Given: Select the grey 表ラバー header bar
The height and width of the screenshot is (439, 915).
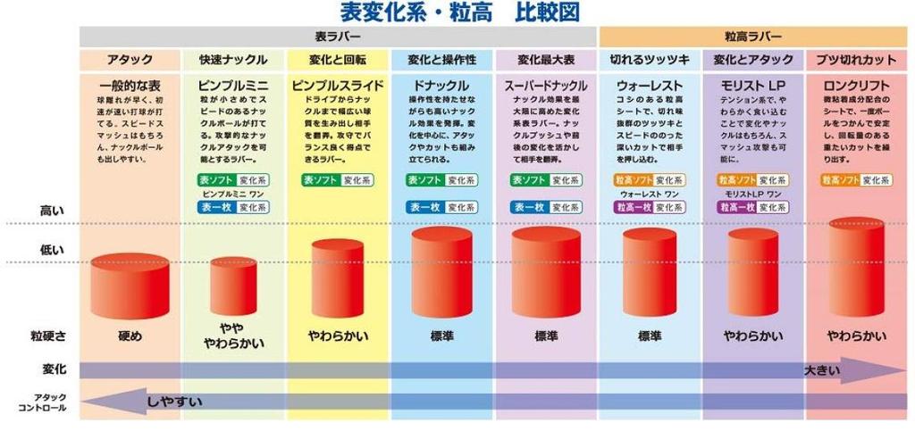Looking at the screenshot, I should tap(338, 37).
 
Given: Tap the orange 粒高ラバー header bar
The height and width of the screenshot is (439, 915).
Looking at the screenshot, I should tap(752, 37).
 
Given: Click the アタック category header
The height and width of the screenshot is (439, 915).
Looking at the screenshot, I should tap(130, 61).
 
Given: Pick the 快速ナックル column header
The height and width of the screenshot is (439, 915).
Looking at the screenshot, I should tap(233, 61).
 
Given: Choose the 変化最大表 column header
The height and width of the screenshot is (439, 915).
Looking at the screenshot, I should tap(545, 61).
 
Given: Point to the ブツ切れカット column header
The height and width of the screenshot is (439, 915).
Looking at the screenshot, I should tap(856, 61).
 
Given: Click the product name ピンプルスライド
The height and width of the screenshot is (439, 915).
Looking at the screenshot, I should tap(337, 86).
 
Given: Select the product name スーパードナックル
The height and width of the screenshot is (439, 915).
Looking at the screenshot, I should tap(545, 86).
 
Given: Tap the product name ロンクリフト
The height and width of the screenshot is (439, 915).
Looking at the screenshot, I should tap(856, 86).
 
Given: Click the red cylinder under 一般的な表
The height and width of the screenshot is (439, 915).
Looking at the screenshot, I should tap(130, 286).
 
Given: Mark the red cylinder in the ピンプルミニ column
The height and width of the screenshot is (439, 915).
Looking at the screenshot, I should tap(233, 286).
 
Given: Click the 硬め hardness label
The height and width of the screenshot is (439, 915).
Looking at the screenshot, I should tap(130, 336).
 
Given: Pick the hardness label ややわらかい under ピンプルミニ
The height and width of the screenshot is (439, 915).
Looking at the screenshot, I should tap(233, 335).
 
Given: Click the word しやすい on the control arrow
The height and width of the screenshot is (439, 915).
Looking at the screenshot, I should tap(175, 402).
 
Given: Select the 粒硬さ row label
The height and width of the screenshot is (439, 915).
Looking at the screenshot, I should tap(46, 336).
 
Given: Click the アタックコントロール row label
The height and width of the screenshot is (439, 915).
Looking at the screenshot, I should tap(42, 402).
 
